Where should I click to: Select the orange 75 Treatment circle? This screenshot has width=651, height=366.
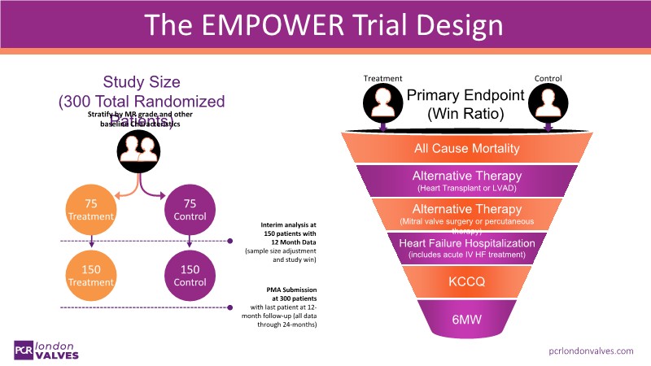click(91, 210)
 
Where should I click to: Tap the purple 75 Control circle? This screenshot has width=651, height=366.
click(189, 210)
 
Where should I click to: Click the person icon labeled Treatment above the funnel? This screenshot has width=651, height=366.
click(382, 104)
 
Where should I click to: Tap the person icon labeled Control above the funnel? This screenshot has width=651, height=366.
click(548, 104)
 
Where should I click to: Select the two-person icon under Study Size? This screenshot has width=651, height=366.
click(140, 149)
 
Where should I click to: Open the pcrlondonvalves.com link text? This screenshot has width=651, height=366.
click(591, 350)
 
